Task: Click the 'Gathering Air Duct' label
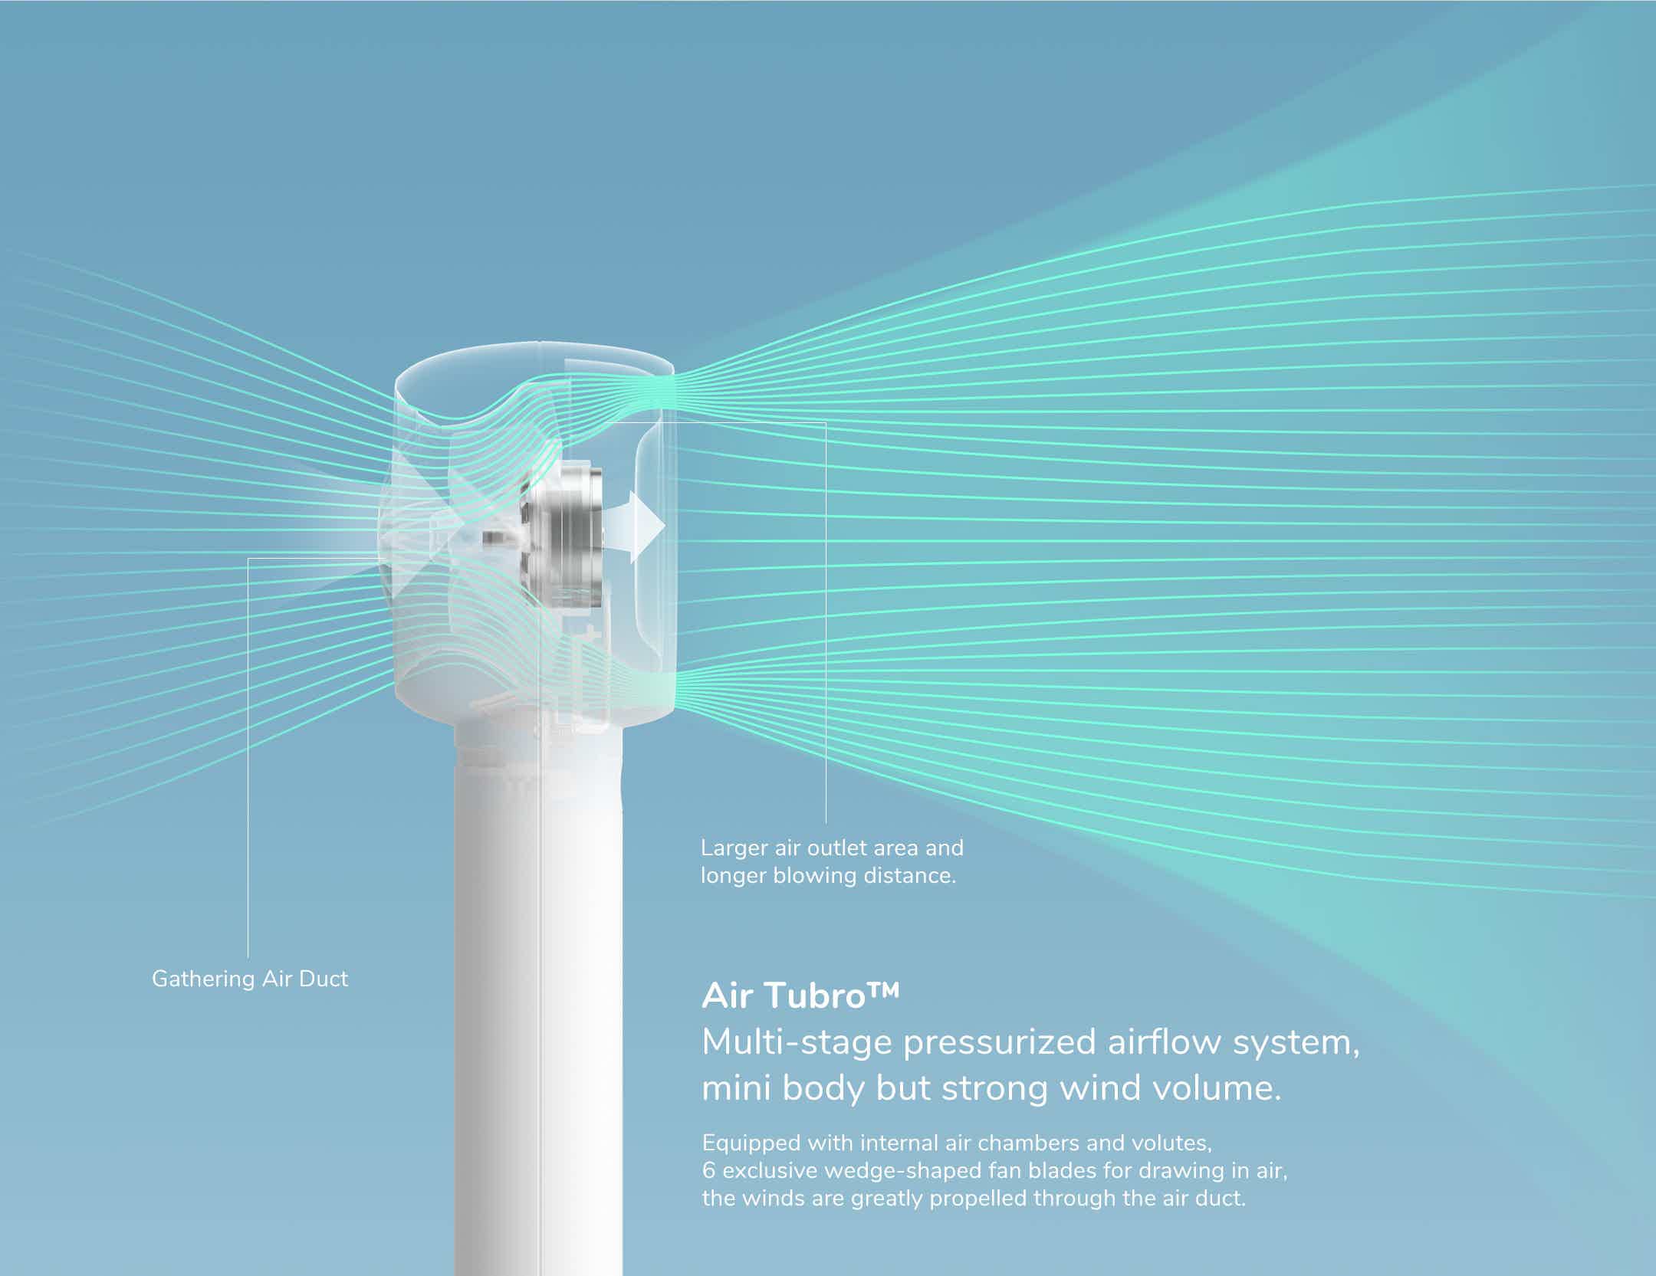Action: point(250,979)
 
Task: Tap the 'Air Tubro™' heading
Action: point(800,996)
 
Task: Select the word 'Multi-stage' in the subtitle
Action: point(797,1043)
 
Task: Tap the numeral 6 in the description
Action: point(708,1171)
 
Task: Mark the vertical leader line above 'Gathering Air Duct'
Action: point(248,758)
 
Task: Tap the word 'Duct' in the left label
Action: point(325,979)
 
